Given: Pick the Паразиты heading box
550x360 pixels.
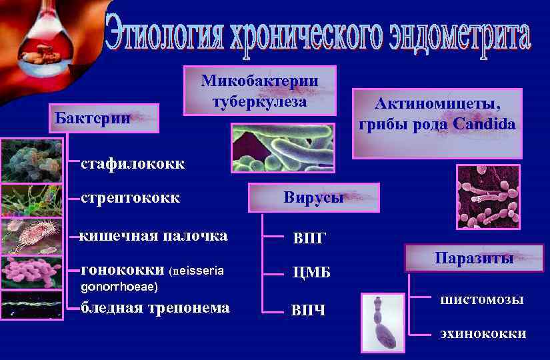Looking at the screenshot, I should (x=474, y=258).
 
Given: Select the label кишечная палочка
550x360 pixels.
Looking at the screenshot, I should (x=153, y=235).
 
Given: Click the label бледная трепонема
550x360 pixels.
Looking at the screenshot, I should (x=155, y=307).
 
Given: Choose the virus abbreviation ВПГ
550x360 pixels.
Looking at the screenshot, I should (x=309, y=239).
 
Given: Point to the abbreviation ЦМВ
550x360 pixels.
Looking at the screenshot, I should (x=311, y=273).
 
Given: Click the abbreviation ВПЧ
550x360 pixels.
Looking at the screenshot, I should (x=309, y=311).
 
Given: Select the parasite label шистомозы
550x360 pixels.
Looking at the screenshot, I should (x=481, y=300).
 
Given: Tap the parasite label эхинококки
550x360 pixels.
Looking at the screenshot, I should (x=483, y=334).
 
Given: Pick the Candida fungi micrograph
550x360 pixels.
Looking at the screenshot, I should (x=488, y=197).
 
